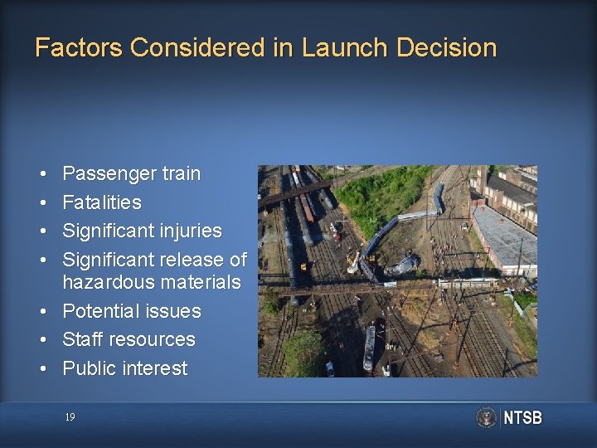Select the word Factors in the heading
tap(79, 47)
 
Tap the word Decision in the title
tap(446, 47)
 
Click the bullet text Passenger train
tap(131, 173)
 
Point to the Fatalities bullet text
tap(102, 202)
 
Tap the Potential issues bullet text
tap(131, 311)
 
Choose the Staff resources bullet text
tap(129, 339)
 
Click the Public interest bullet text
tap(124, 368)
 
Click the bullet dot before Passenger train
tap(41, 174)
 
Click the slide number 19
tap(70, 417)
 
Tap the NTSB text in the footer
tap(522, 417)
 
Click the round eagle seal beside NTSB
tap(487, 417)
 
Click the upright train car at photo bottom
tap(369, 348)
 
